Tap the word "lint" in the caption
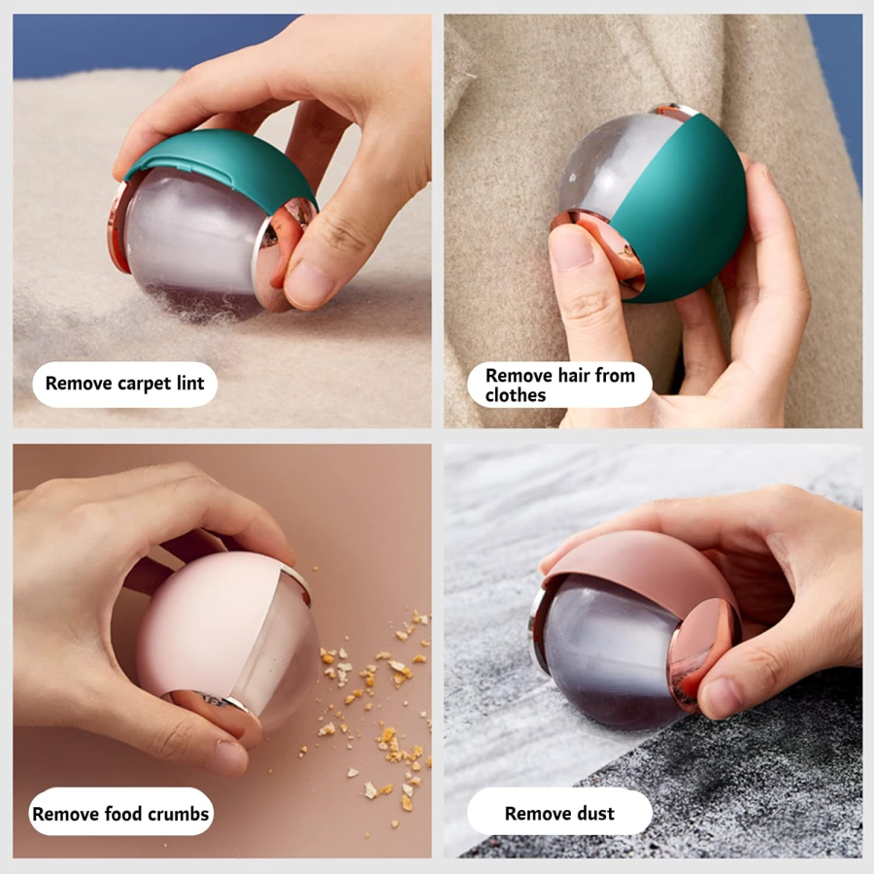tap(190, 383)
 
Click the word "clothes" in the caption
tap(515, 394)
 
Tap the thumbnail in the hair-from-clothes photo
tap(571, 250)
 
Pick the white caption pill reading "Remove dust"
tap(559, 812)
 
